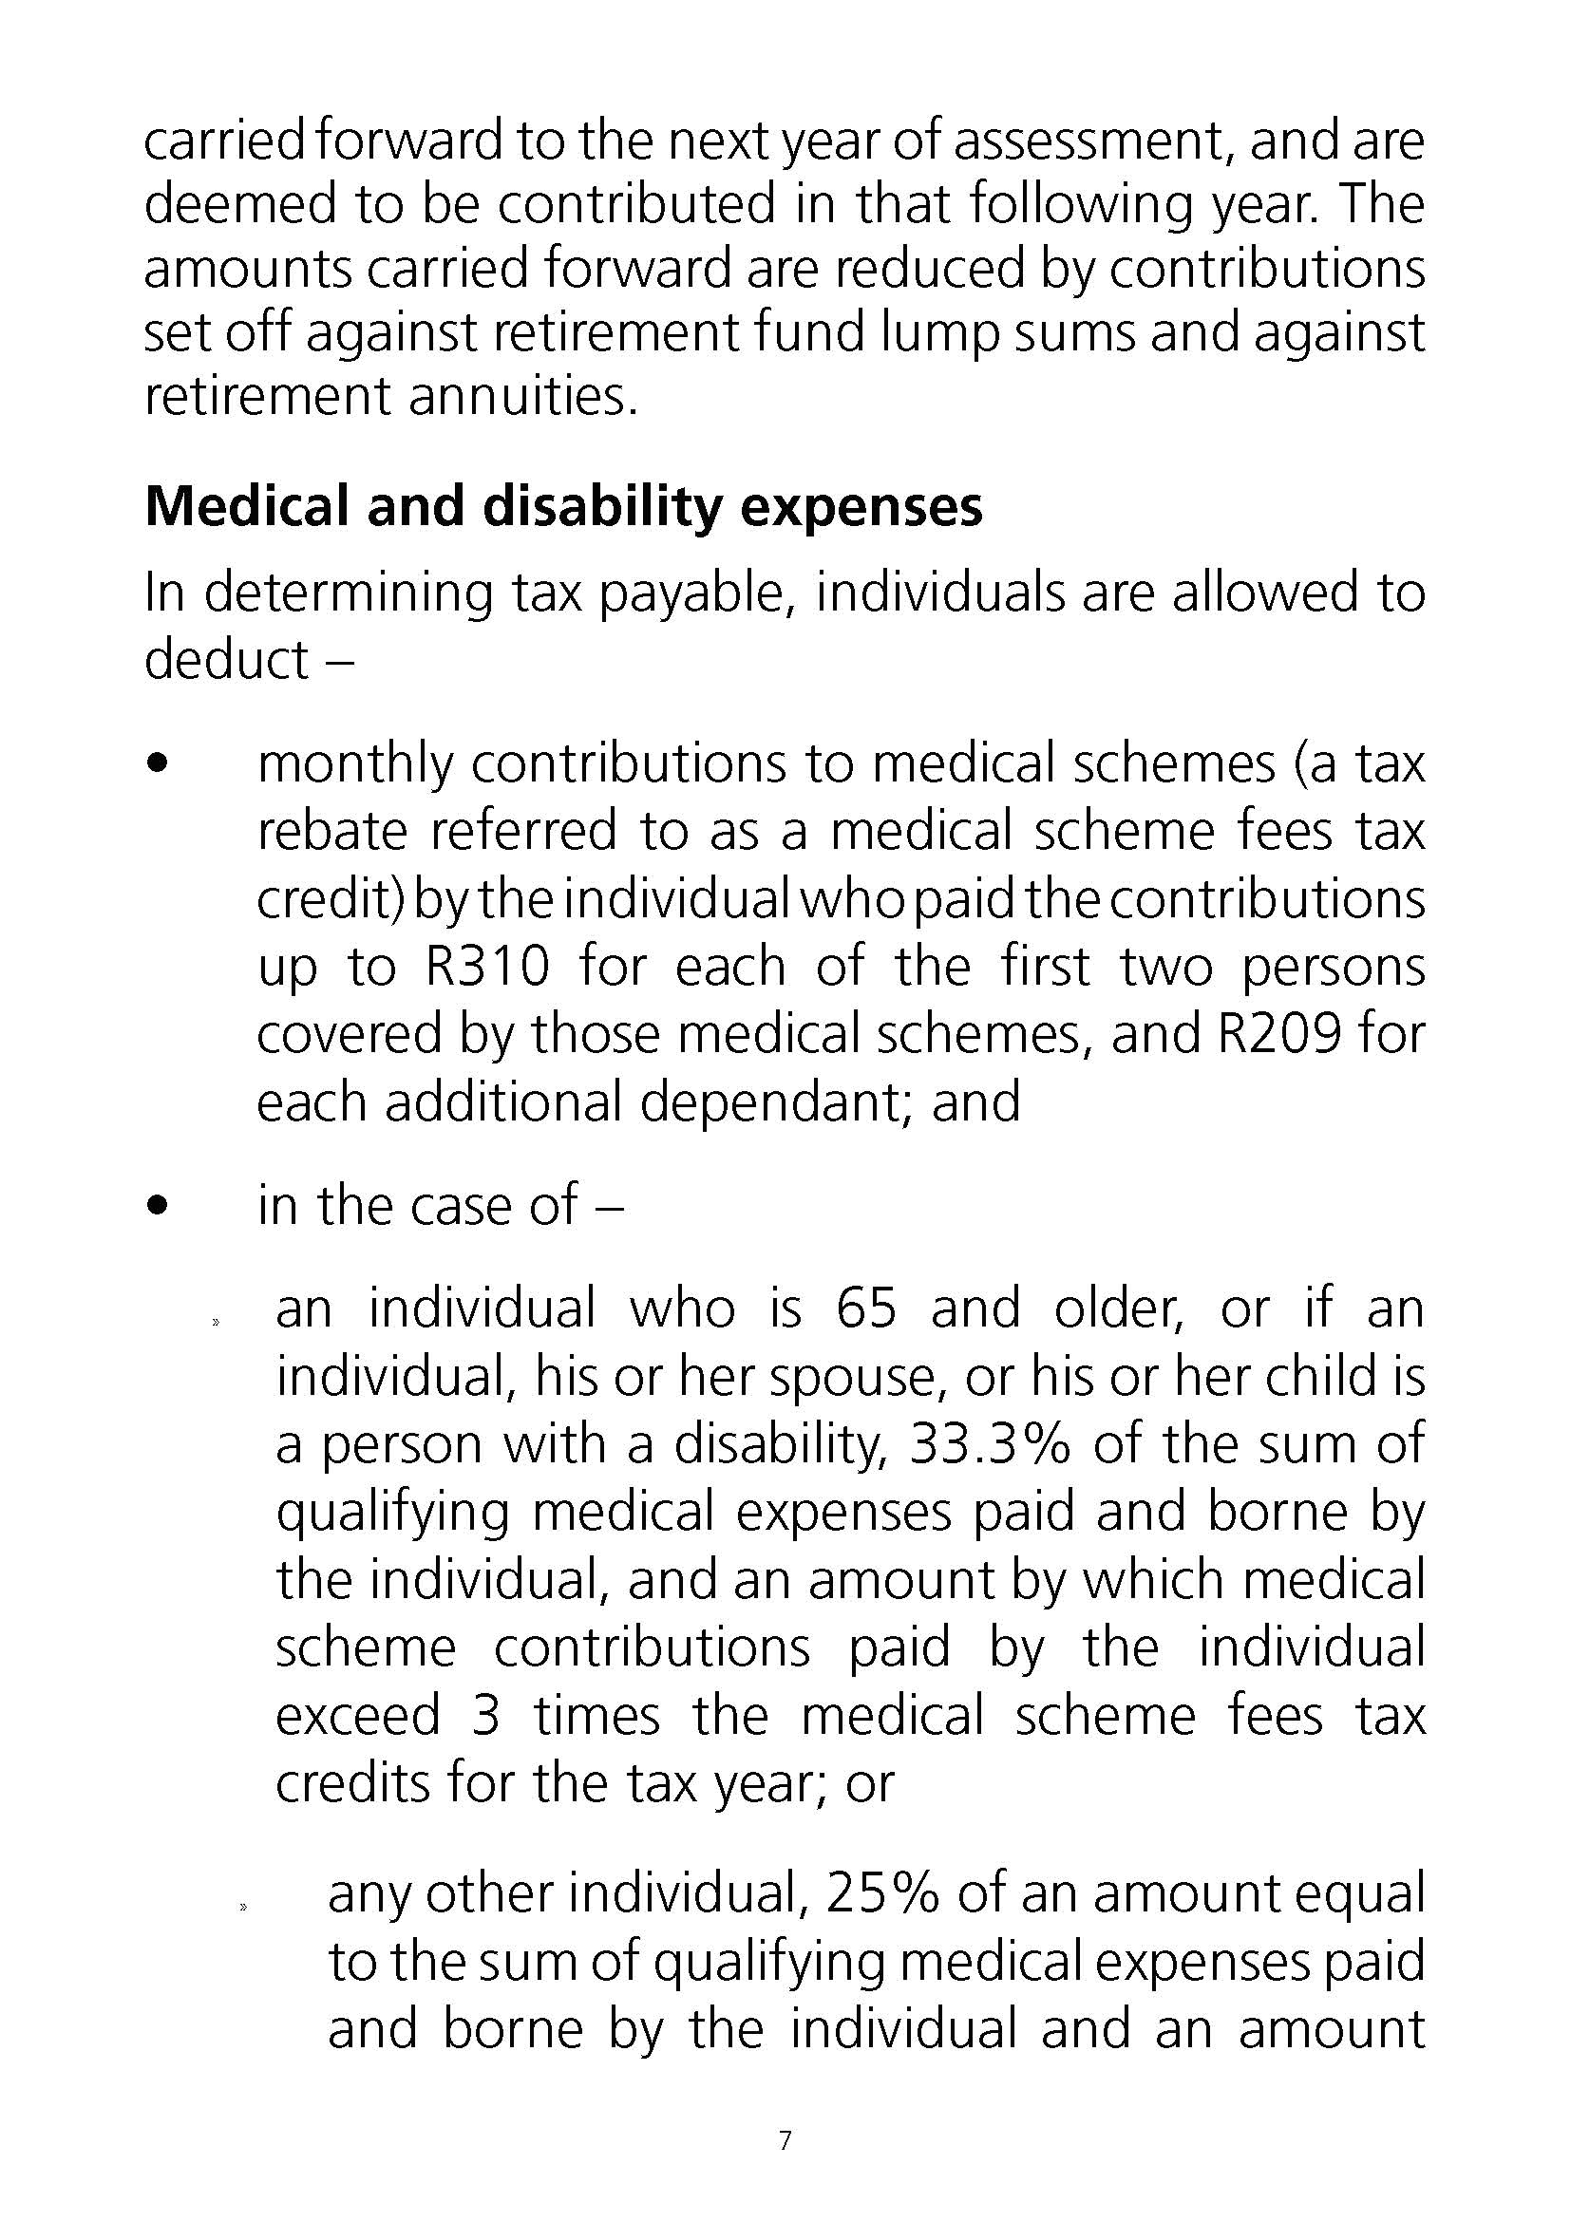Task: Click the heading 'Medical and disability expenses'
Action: [563, 506]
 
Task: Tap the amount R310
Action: [487, 967]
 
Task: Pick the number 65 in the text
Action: [867, 1308]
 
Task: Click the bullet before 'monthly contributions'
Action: [158, 765]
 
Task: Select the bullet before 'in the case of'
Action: [158, 1206]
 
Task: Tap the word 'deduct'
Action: [226, 660]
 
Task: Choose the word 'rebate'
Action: [331, 832]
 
